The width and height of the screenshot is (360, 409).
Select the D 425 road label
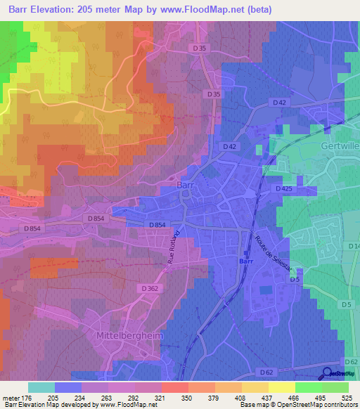pyautogui.click(x=284, y=189)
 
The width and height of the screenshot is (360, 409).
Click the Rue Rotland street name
pyautogui.click(x=173, y=247)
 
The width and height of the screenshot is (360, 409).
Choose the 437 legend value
pyautogui.click(x=260, y=397)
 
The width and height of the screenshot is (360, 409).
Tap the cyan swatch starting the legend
pyautogui.click(x=41, y=387)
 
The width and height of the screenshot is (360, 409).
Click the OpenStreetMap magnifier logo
pyautogui.click(x=328, y=374)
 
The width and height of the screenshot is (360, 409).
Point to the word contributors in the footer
pyautogui.click(x=339, y=405)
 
